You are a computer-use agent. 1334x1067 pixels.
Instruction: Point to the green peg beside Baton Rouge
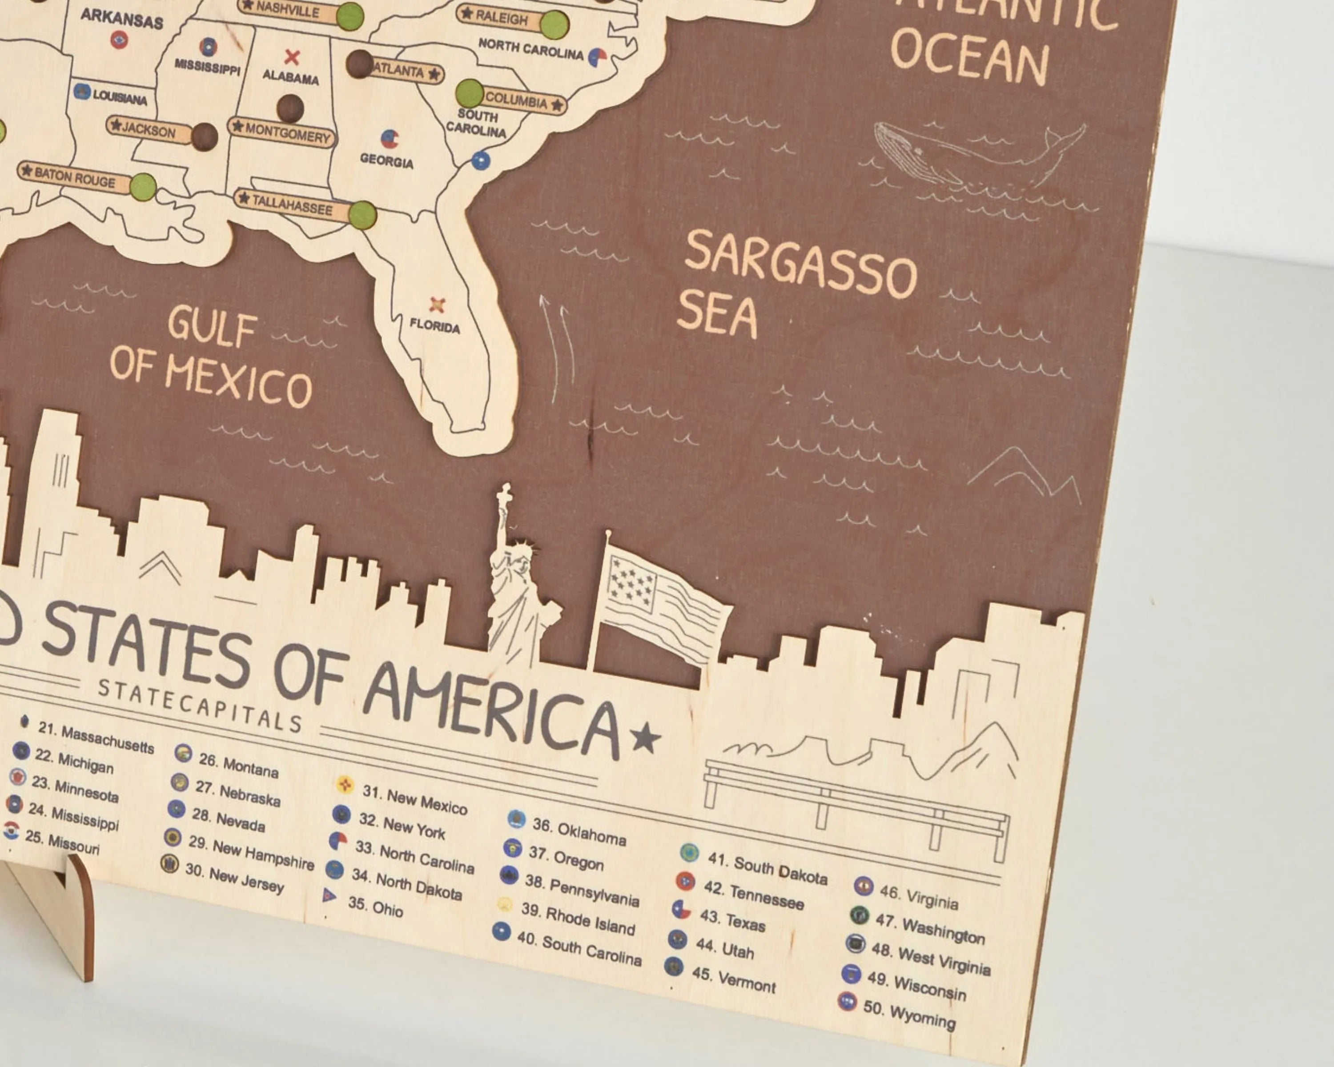coord(143,186)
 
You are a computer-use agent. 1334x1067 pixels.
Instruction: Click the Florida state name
coord(434,326)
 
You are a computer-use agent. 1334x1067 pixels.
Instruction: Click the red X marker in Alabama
coord(291,57)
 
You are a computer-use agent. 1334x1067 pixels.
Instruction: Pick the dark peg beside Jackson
coord(204,136)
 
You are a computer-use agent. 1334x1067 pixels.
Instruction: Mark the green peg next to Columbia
coord(469,93)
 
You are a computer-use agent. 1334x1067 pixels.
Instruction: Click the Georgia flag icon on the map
coord(389,139)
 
